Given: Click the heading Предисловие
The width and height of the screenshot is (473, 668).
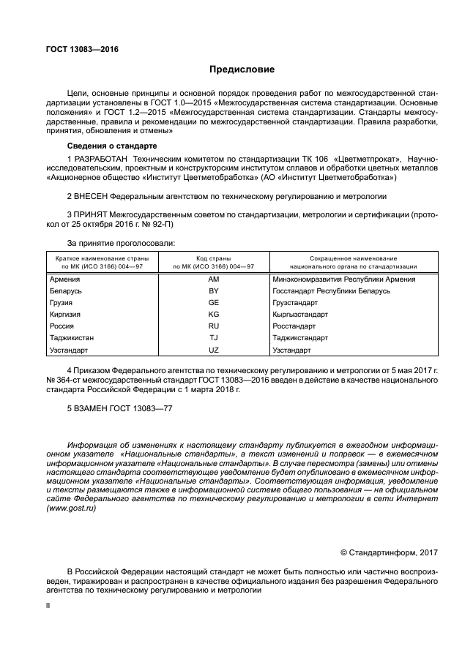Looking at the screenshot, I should tap(242, 70).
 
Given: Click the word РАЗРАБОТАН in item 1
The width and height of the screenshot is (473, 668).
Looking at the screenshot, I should tap(100, 158).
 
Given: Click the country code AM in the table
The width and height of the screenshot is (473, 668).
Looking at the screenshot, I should tap(213, 279).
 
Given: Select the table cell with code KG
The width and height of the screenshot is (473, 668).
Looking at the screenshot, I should tap(213, 314).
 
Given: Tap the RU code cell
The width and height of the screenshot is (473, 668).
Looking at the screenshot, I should tap(213, 326).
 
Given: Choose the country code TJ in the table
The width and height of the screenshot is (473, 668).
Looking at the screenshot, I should tap(213, 338).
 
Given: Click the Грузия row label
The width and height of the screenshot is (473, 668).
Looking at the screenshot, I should tap(62, 302).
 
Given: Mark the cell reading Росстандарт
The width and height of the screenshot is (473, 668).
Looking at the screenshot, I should tap(294, 326).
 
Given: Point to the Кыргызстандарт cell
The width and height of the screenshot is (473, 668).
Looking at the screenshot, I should tap(299, 314).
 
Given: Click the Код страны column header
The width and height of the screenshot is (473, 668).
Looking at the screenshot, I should tap(213, 259).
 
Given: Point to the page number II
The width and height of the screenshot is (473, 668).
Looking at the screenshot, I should tap(49, 606).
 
